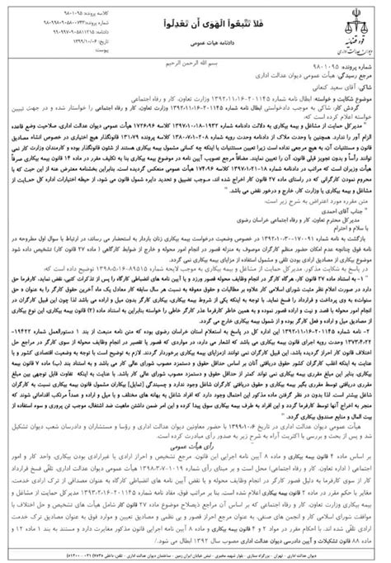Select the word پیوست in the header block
pyautogui.click(x=69, y=48)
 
